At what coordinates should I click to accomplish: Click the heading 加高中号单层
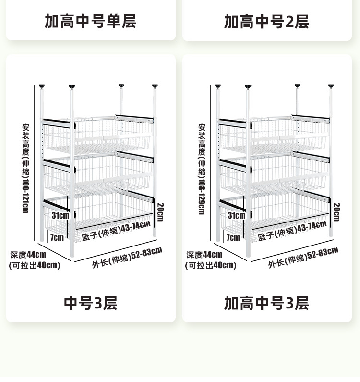91,21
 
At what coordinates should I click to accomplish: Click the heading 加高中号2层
266,22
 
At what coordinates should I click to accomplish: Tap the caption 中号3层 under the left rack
91,303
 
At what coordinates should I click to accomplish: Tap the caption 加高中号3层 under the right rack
266,303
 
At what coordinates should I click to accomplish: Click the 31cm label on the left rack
60,215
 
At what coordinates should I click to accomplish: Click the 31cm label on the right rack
237,215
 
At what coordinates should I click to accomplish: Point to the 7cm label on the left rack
57,237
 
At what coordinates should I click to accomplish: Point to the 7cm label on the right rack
233,237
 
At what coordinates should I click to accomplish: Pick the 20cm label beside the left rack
161,212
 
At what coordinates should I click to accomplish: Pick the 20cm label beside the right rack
336,212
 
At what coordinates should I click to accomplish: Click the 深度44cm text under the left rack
28,255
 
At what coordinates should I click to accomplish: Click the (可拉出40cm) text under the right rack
211,265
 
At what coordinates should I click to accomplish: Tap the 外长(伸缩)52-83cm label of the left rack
127,258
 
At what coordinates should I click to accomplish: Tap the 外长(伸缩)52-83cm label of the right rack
303,258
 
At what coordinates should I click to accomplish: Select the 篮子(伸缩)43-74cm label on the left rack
116,231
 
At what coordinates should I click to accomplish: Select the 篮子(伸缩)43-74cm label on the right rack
292,231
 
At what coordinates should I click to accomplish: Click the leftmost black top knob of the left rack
42,86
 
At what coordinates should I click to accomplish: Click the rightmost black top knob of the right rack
331,86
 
